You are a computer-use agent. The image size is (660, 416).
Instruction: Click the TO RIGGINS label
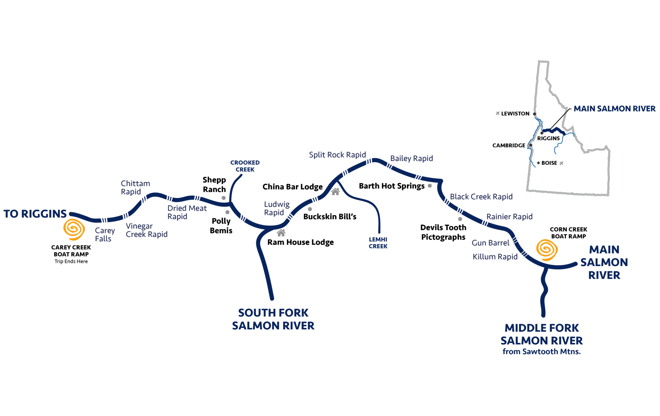click(35, 214)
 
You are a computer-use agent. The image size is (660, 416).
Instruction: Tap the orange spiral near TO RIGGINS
click(74, 229)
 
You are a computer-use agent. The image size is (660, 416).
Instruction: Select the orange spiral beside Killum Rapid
click(547, 250)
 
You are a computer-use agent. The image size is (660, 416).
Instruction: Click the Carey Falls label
click(105, 235)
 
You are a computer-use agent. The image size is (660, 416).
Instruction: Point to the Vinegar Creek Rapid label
click(146, 230)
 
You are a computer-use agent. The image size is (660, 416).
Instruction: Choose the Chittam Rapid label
click(135, 188)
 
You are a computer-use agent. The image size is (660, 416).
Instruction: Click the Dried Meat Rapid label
click(187, 212)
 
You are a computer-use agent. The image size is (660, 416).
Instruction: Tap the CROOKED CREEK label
click(245, 166)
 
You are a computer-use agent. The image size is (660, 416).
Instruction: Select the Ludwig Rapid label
click(277, 208)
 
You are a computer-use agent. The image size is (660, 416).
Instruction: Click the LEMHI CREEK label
click(378, 243)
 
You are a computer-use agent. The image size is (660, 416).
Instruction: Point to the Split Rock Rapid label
click(337, 155)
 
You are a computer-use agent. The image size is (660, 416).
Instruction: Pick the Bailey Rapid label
click(412, 159)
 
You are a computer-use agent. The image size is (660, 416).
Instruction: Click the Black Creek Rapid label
click(481, 197)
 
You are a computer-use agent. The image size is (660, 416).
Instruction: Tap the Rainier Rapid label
click(509, 217)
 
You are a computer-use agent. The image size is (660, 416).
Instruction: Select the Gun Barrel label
click(490, 243)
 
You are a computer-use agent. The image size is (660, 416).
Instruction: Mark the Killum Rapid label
click(495, 257)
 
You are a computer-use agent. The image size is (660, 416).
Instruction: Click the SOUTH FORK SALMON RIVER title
click(273, 319)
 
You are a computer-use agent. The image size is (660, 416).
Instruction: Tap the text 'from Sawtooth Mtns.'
click(541, 352)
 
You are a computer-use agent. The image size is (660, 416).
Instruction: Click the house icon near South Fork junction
click(281, 232)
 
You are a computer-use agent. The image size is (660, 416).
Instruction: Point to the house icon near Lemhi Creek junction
click(335, 191)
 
